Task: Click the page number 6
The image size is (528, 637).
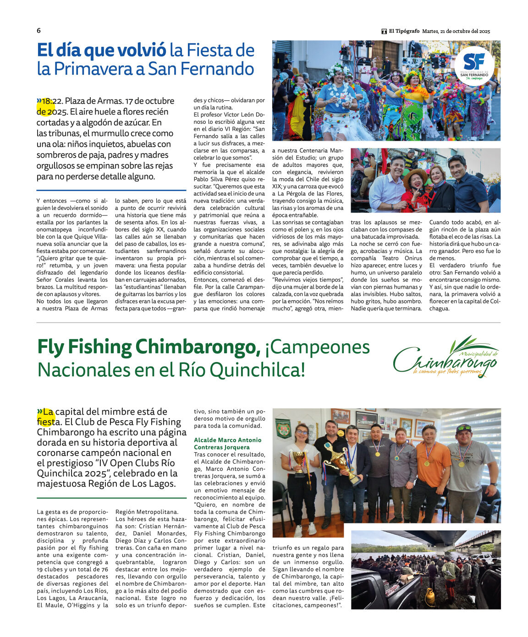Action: (38, 31)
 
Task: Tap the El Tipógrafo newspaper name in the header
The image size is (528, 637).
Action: (404, 31)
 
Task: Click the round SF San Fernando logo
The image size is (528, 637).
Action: (474, 66)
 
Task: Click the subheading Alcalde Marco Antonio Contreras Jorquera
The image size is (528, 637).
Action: (228, 443)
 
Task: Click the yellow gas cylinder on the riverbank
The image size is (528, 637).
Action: (429, 596)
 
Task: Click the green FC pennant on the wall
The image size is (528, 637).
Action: (283, 428)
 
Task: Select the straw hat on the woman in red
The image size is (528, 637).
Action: (414, 174)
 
